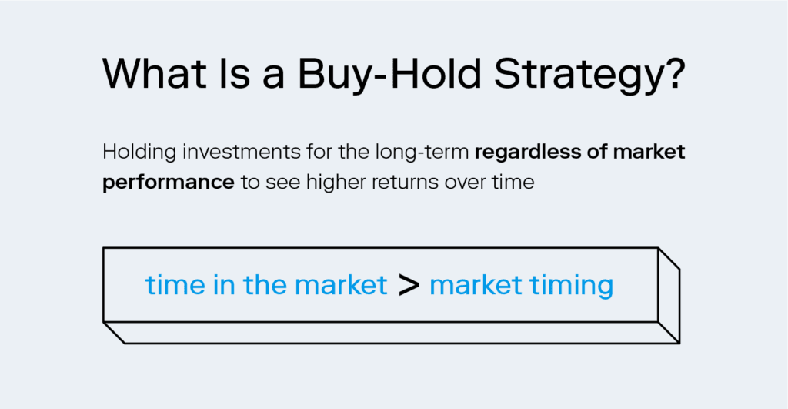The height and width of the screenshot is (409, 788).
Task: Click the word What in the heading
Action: click(154, 73)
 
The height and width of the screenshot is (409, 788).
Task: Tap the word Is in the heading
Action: click(234, 73)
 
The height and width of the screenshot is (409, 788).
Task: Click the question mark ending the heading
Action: click(670, 73)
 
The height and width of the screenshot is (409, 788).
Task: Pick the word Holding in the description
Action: click(139, 153)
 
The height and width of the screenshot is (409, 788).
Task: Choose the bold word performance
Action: click(169, 183)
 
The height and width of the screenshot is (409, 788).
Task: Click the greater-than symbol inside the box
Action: click(409, 286)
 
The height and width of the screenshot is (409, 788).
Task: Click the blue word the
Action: click(265, 285)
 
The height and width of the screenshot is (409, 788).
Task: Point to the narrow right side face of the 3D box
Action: click(669, 295)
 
